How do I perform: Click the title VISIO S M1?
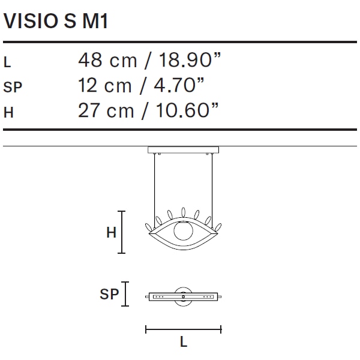[x=56, y=21]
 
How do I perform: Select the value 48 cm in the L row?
[x=107, y=60]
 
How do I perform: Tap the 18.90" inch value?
[x=190, y=59]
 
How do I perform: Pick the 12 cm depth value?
[x=104, y=85]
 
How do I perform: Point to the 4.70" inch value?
[x=179, y=85]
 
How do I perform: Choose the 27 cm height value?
[x=106, y=110]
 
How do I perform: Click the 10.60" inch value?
[x=187, y=110]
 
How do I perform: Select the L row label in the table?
[x=7, y=62]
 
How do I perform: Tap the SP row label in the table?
[x=13, y=87]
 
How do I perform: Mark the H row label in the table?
[x=8, y=113]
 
